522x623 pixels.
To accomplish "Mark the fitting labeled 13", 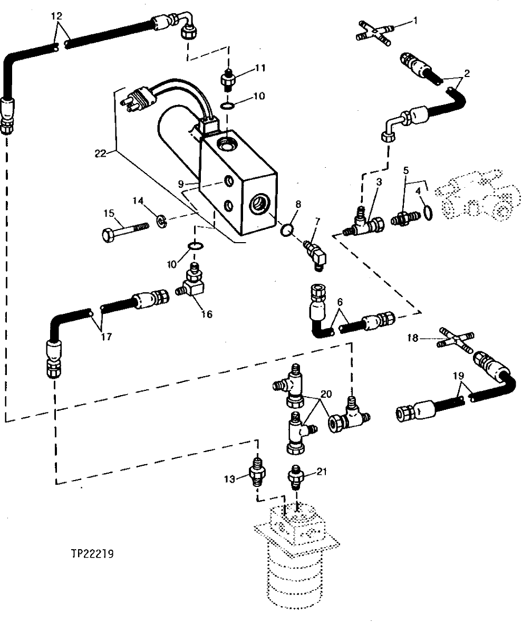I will pyautogui.click(x=257, y=471).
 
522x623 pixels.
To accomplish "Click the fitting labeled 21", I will pyautogui.click(x=296, y=476).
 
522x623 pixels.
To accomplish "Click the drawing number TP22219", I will pyautogui.click(x=95, y=554).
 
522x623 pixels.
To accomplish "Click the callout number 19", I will pyautogui.click(x=458, y=376).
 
